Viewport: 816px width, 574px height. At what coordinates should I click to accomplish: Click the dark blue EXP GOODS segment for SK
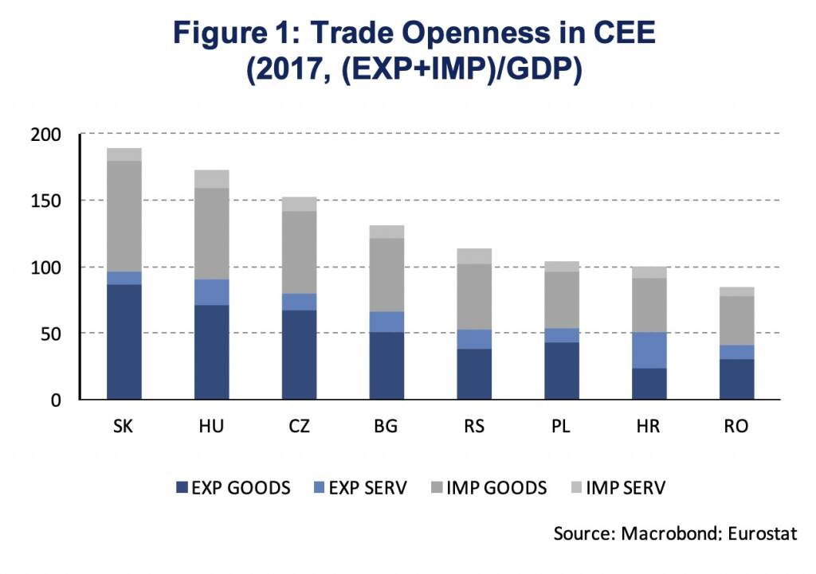[x=124, y=342]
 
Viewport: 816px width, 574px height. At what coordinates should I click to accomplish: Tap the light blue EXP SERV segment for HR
[x=649, y=350]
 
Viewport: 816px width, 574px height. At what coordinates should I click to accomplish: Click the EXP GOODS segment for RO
[x=737, y=379]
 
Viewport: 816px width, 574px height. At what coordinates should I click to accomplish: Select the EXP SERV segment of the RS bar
[x=474, y=339]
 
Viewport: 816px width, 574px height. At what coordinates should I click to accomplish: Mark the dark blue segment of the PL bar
[x=562, y=371]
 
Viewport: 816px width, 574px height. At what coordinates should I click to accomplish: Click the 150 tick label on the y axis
[x=47, y=201]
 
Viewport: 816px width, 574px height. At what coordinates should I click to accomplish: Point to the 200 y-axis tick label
[x=47, y=135]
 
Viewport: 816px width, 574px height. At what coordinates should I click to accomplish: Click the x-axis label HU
[x=211, y=427]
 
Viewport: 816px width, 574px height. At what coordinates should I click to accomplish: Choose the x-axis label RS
[x=474, y=427]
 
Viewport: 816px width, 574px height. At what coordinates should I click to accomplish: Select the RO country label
[x=737, y=427]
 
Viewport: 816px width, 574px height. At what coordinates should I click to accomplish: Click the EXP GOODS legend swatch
[x=180, y=487]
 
